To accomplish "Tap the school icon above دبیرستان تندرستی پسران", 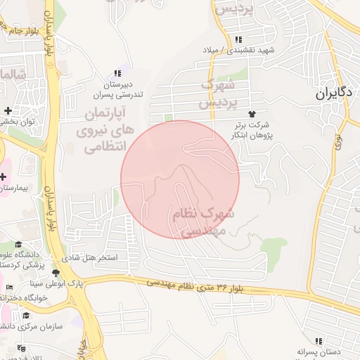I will click(x=117, y=73).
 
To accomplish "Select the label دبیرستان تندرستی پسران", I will click(x=119, y=89).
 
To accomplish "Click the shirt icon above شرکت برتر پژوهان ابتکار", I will click(x=252, y=113).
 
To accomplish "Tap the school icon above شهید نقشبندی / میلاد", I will click(x=239, y=39).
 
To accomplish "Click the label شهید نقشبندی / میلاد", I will click(x=245, y=51).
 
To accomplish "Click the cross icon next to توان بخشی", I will click(x=8, y=110).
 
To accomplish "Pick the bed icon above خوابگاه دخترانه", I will click(x=8, y=287).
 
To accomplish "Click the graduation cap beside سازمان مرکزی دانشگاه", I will click(x=26, y=316).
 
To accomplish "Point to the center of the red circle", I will click(x=180, y=179).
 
